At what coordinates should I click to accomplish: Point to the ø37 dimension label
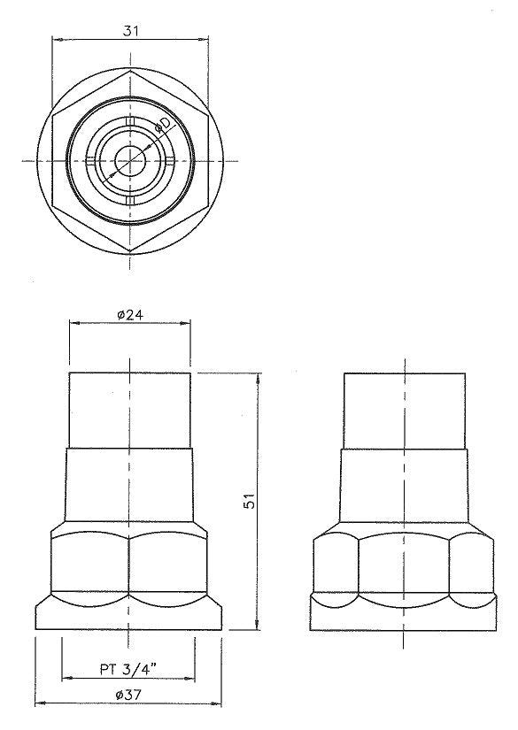click(x=130, y=696)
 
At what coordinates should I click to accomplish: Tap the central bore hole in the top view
click(x=130, y=160)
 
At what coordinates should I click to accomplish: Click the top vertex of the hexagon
click(x=130, y=69)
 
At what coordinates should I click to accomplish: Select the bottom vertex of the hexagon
click(x=130, y=252)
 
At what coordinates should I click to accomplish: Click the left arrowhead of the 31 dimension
click(x=56, y=40)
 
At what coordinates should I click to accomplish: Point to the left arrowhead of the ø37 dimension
click(x=39, y=706)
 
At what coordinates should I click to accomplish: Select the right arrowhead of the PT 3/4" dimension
click(x=196, y=679)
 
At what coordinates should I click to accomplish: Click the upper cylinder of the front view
click(x=130, y=411)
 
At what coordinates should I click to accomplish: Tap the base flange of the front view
click(x=130, y=614)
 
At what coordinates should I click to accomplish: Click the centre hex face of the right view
click(x=404, y=565)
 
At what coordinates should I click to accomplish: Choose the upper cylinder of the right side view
click(x=404, y=411)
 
